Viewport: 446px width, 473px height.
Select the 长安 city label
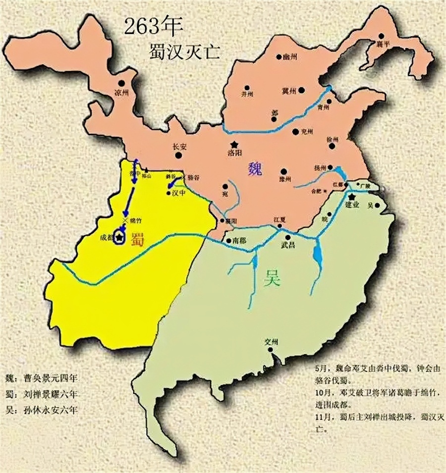coord(179,146)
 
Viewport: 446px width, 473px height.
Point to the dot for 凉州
coord(121,84)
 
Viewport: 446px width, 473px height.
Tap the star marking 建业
coord(351,197)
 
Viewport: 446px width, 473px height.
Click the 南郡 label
coord(239,241)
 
